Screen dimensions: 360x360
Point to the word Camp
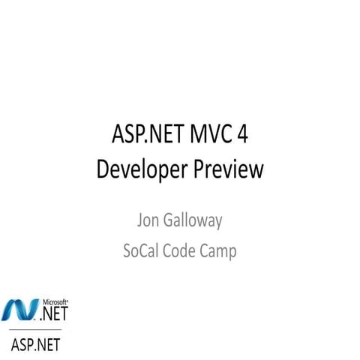[220, 252]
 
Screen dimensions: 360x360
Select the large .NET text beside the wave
[55, 310]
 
